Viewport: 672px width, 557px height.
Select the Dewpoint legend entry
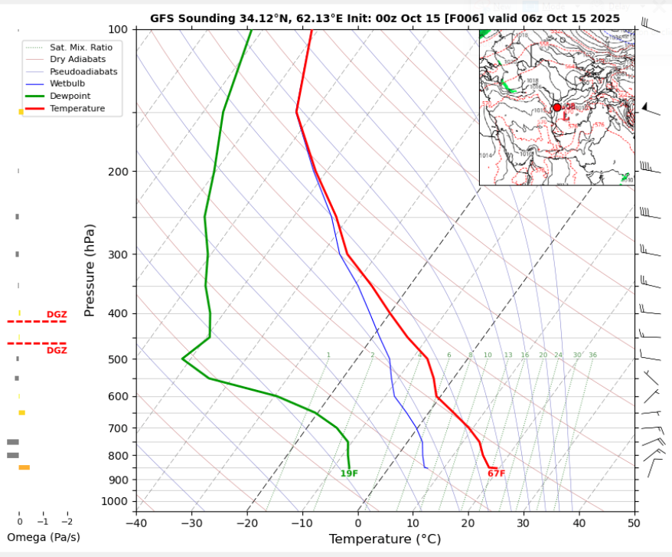pos(70,96)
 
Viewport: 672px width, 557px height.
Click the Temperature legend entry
pos(77,109)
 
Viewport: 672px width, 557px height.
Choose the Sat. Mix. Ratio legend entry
pos(80,47)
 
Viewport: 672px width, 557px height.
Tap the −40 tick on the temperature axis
pos(136,523)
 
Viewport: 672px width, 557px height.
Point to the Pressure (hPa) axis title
pos(90,270)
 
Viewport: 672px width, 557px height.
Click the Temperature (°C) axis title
pos(384,539)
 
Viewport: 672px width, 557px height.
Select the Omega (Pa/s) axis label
pos(43,537)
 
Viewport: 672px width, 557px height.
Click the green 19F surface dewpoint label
pos(350,473)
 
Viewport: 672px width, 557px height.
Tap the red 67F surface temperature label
pos(496,473)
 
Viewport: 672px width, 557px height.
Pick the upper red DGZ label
pos(57,314)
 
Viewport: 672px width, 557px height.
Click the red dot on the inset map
pos(556,107)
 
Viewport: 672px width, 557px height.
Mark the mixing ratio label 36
pos(592,355)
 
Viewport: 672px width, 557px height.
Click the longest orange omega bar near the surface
pos(24,467)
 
